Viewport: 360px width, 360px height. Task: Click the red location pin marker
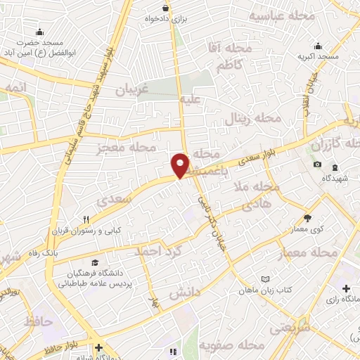pos(181,165)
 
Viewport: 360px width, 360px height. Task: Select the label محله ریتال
pos(252,119)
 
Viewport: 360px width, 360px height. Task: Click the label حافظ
pos(38,321)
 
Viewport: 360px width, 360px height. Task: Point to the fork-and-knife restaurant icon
pos(86,219)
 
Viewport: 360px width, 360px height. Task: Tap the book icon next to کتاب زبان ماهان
pos(264,279)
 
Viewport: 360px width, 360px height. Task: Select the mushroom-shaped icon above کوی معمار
pos(307,217)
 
